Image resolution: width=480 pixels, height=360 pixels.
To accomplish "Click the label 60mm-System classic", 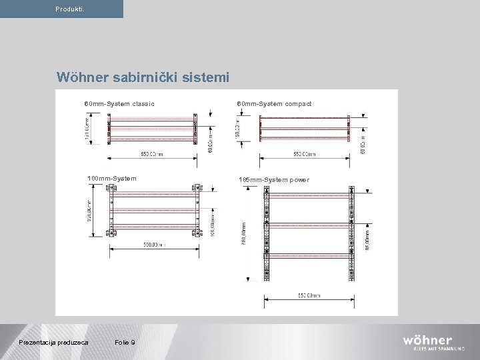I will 119,103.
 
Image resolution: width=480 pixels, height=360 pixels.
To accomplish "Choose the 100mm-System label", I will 112,178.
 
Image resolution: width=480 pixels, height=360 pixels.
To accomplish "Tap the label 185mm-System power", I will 274,180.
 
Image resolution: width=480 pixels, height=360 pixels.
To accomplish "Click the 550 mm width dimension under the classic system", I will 152,154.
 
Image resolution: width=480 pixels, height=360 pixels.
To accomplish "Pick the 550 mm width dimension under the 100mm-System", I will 155,245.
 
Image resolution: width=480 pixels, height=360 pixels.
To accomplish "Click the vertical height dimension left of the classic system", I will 87,129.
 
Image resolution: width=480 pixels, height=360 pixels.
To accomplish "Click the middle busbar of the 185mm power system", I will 308,225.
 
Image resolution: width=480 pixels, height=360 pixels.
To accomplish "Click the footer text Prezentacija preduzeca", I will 54,343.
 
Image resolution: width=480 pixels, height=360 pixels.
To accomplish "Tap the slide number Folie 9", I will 125,343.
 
